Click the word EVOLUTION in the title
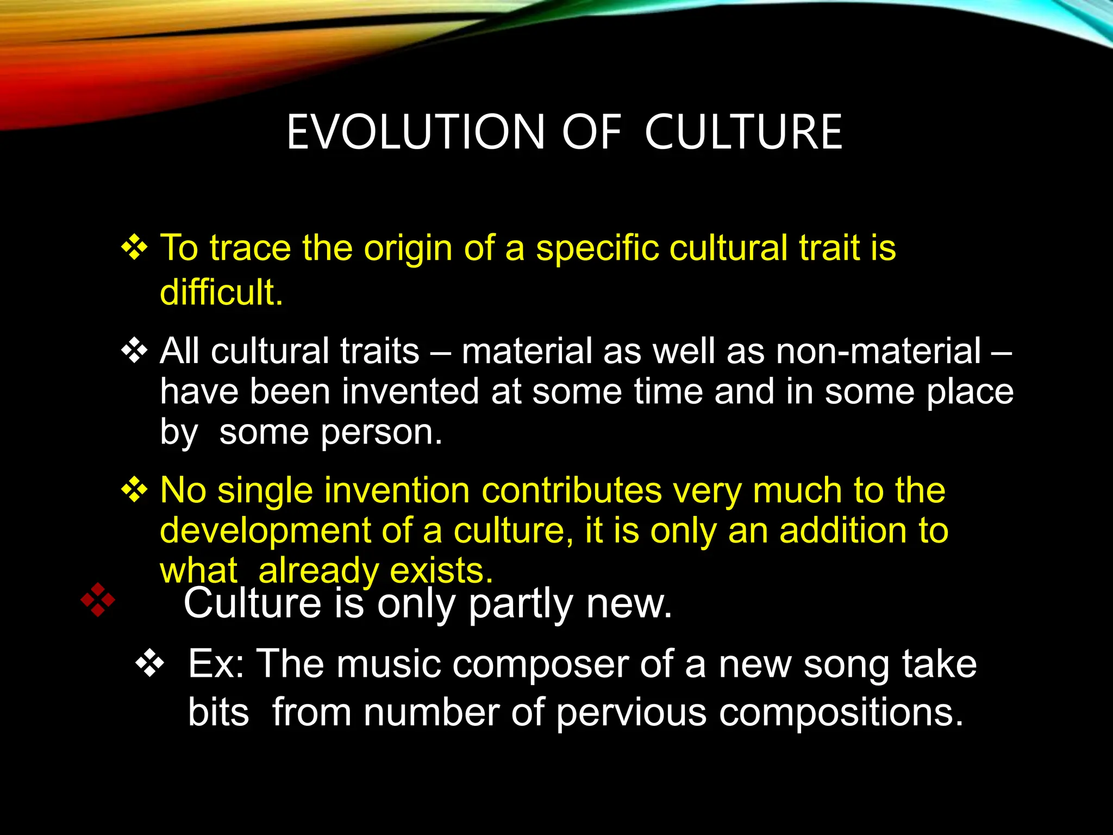pyautogui.click(x=415, y=132)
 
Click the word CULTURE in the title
pyautogui.click(x=743, y=132)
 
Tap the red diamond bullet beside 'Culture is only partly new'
pyautogui.click(x=98, y=600)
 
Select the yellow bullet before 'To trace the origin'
pyautogui.click(x=134, y=248)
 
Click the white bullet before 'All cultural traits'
pyautogui.click(x=134, y=351)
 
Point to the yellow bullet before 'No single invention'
pyautogui.click(x=134, y=490)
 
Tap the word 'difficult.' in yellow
pyautogui.click(x=221, y=292)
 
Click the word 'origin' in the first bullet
pyautogui.click(x=408, y=248)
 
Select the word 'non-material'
pyautogui.click(x=878, y=351)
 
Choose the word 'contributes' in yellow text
pyautogui.click(x=572, y=490)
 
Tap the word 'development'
pyautogui.click(x=265, y=531)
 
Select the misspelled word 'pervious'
pyautogui.click(x=631, y=713)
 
